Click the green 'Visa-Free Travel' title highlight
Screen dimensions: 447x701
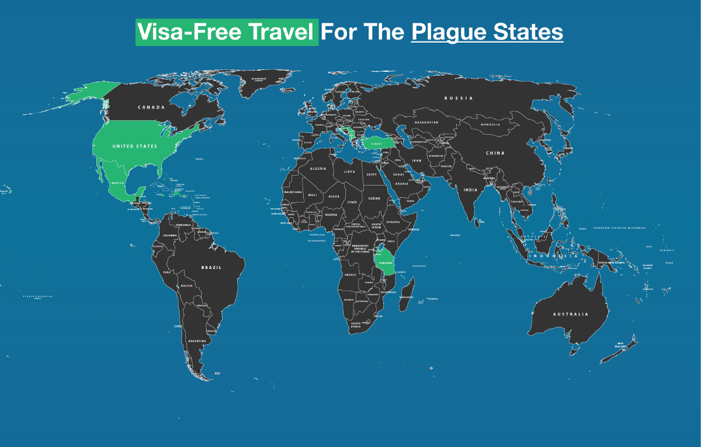coord(227,32)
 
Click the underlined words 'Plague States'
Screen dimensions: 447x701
coord(487,32)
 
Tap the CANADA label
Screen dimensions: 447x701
coord(151,107)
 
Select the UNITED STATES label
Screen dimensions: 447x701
coord(135,146)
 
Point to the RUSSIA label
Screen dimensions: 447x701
coord(459,98)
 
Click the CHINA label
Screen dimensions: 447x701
coord(495,153)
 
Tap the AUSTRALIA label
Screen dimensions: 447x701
coord(571,315)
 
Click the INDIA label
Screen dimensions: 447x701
coord(470,190)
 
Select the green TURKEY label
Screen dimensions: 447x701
coord(373,142)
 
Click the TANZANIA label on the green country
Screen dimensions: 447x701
coord(386,262)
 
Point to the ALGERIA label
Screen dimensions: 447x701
coord(318,169)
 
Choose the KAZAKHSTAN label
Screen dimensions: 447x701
coord(426,123)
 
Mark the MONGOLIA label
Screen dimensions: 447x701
coord(490,125)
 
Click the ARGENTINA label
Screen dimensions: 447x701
coord(197,341)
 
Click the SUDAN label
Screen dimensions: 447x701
coord(374,198)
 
